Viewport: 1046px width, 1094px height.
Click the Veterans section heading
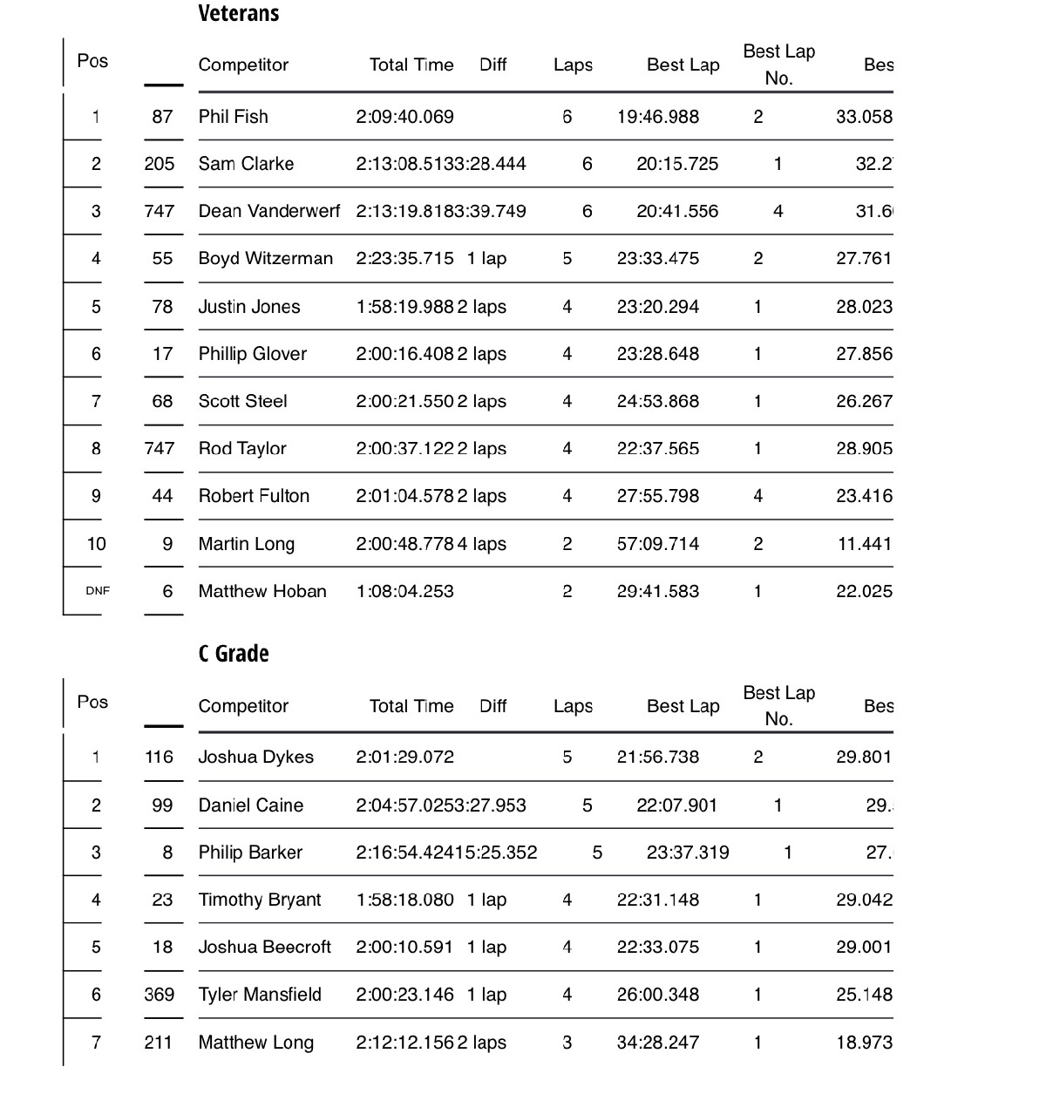coord(239,13)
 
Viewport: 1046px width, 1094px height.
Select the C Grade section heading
coord(234,654)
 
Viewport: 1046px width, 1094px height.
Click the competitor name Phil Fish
coord(233,117)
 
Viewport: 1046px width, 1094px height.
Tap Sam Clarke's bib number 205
coord(160,164)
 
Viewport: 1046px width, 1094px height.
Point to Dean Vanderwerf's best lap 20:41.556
coord(677,211)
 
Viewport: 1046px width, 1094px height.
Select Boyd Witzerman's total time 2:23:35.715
coord(404,259)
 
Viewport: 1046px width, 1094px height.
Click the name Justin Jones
coord(248,307)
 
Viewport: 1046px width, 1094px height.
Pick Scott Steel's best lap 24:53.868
coord(657,401)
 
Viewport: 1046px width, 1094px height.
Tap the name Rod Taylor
coord(242,449)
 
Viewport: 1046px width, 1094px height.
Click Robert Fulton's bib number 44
coord(162,496)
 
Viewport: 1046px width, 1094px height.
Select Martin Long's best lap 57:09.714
coord(657,544)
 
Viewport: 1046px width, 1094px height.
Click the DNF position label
coord(98,591)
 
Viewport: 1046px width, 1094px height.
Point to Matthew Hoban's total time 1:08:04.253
coord(404,591)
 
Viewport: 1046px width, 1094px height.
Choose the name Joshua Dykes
coord(255,757)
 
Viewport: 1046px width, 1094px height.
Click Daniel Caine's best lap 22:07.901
coord(676,805)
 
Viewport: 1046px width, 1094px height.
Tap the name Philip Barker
coord(250,853)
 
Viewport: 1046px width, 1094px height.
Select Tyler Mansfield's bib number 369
coord(160,995)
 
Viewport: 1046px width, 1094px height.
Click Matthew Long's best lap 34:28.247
coord(657,1043)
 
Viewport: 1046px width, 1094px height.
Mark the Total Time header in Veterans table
coord(411,65)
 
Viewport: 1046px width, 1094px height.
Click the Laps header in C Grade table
coord(573,706)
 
